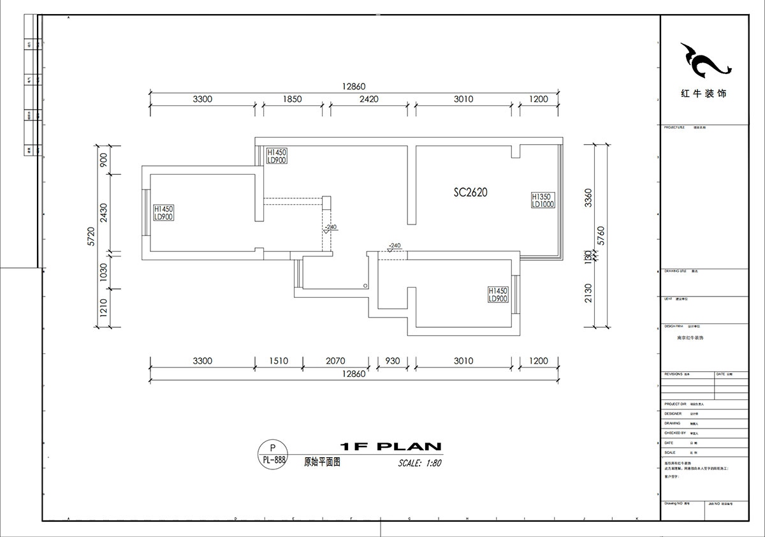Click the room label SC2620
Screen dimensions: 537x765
coord(470,192)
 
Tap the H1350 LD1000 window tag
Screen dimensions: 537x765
coord(543,201)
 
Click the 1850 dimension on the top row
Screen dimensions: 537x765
coord(292,99)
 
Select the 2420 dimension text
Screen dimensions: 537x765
coord(368,99)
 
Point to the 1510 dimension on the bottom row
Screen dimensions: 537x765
coord(278,361)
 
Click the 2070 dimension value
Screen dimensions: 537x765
coord(335,361)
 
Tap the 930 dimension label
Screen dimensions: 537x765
coord(392,361)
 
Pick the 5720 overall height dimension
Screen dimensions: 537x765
coord(91,236)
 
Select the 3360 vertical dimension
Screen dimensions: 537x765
coord(588,198)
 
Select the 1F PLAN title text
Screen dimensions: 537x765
coord(390,446)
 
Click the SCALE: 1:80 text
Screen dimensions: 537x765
coord(419,464)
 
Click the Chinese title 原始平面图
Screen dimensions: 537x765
coord(322,462)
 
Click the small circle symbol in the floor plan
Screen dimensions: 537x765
coord(365,286)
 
